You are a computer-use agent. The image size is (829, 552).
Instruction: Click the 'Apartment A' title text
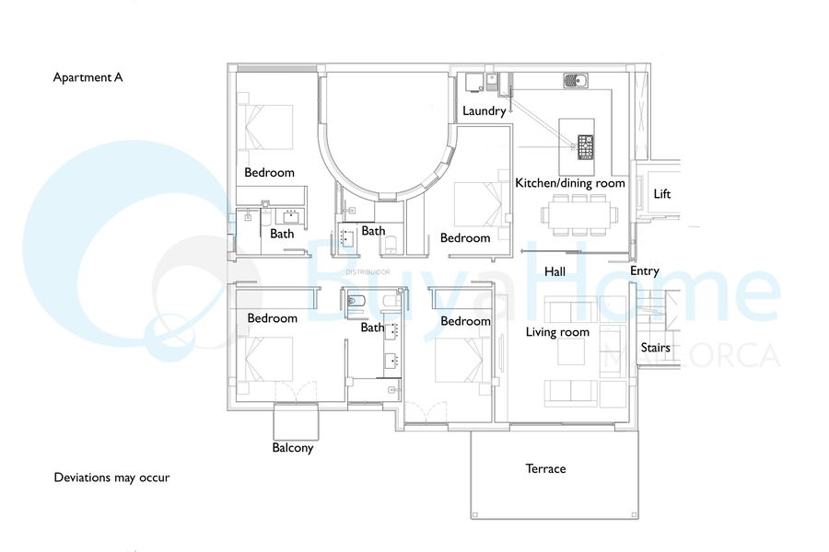[x=88, y=77]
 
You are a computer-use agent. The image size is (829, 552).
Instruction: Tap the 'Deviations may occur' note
[x=111, y=477]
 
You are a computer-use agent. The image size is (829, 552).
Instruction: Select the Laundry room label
[x=485, y=111]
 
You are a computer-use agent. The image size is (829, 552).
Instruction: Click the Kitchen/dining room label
[x=570, y=183]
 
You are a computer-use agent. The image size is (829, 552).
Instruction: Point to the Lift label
[x=662, y=194]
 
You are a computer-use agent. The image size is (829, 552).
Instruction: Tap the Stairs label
[x=656, y=348]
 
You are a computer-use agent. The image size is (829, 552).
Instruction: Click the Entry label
[x=645, y=271]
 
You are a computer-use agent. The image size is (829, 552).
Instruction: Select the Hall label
[x=555, y=271]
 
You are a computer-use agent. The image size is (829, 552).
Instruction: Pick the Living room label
[x=557, y=332]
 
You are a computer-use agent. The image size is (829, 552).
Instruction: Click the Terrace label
[x=545, y=468]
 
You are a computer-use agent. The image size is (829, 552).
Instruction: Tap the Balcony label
[x=293, y=448]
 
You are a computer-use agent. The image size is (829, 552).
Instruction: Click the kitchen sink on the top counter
[x=576, y=81]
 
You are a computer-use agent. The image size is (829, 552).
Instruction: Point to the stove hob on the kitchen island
[x=585, y=147]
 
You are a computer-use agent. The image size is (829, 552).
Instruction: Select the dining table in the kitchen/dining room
[x=579, y=215]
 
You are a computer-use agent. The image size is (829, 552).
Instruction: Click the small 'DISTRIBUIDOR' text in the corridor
[x=368, y=272]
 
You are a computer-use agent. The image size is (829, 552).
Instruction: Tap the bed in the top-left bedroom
[x=265, y=127]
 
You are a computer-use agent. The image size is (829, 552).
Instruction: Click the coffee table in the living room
[x=571, y=351]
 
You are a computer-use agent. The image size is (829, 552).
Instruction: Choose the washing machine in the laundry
[x=474, y=83]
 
